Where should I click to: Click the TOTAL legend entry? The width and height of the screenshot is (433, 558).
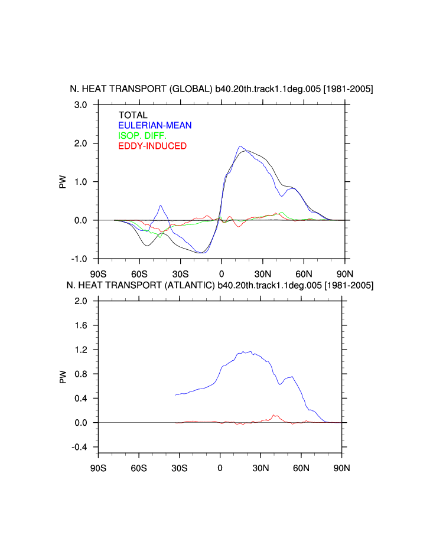coord(133,115)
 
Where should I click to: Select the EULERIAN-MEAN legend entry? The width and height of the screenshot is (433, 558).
coord(155,125)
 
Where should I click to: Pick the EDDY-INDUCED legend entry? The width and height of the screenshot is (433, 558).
coord(152,146)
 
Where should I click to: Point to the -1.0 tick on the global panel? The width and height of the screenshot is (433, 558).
coord(79,259)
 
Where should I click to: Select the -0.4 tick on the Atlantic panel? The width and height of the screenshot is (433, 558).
coord(79,447)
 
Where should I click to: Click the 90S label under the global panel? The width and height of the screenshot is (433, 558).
coord(98,273)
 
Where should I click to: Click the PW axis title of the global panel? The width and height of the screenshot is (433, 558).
coord(63,181)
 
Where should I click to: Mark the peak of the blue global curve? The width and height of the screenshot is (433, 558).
coord(240,146)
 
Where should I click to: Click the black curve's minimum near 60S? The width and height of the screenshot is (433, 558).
coord(147,244)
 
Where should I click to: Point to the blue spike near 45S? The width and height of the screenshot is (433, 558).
coord(161,205)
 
